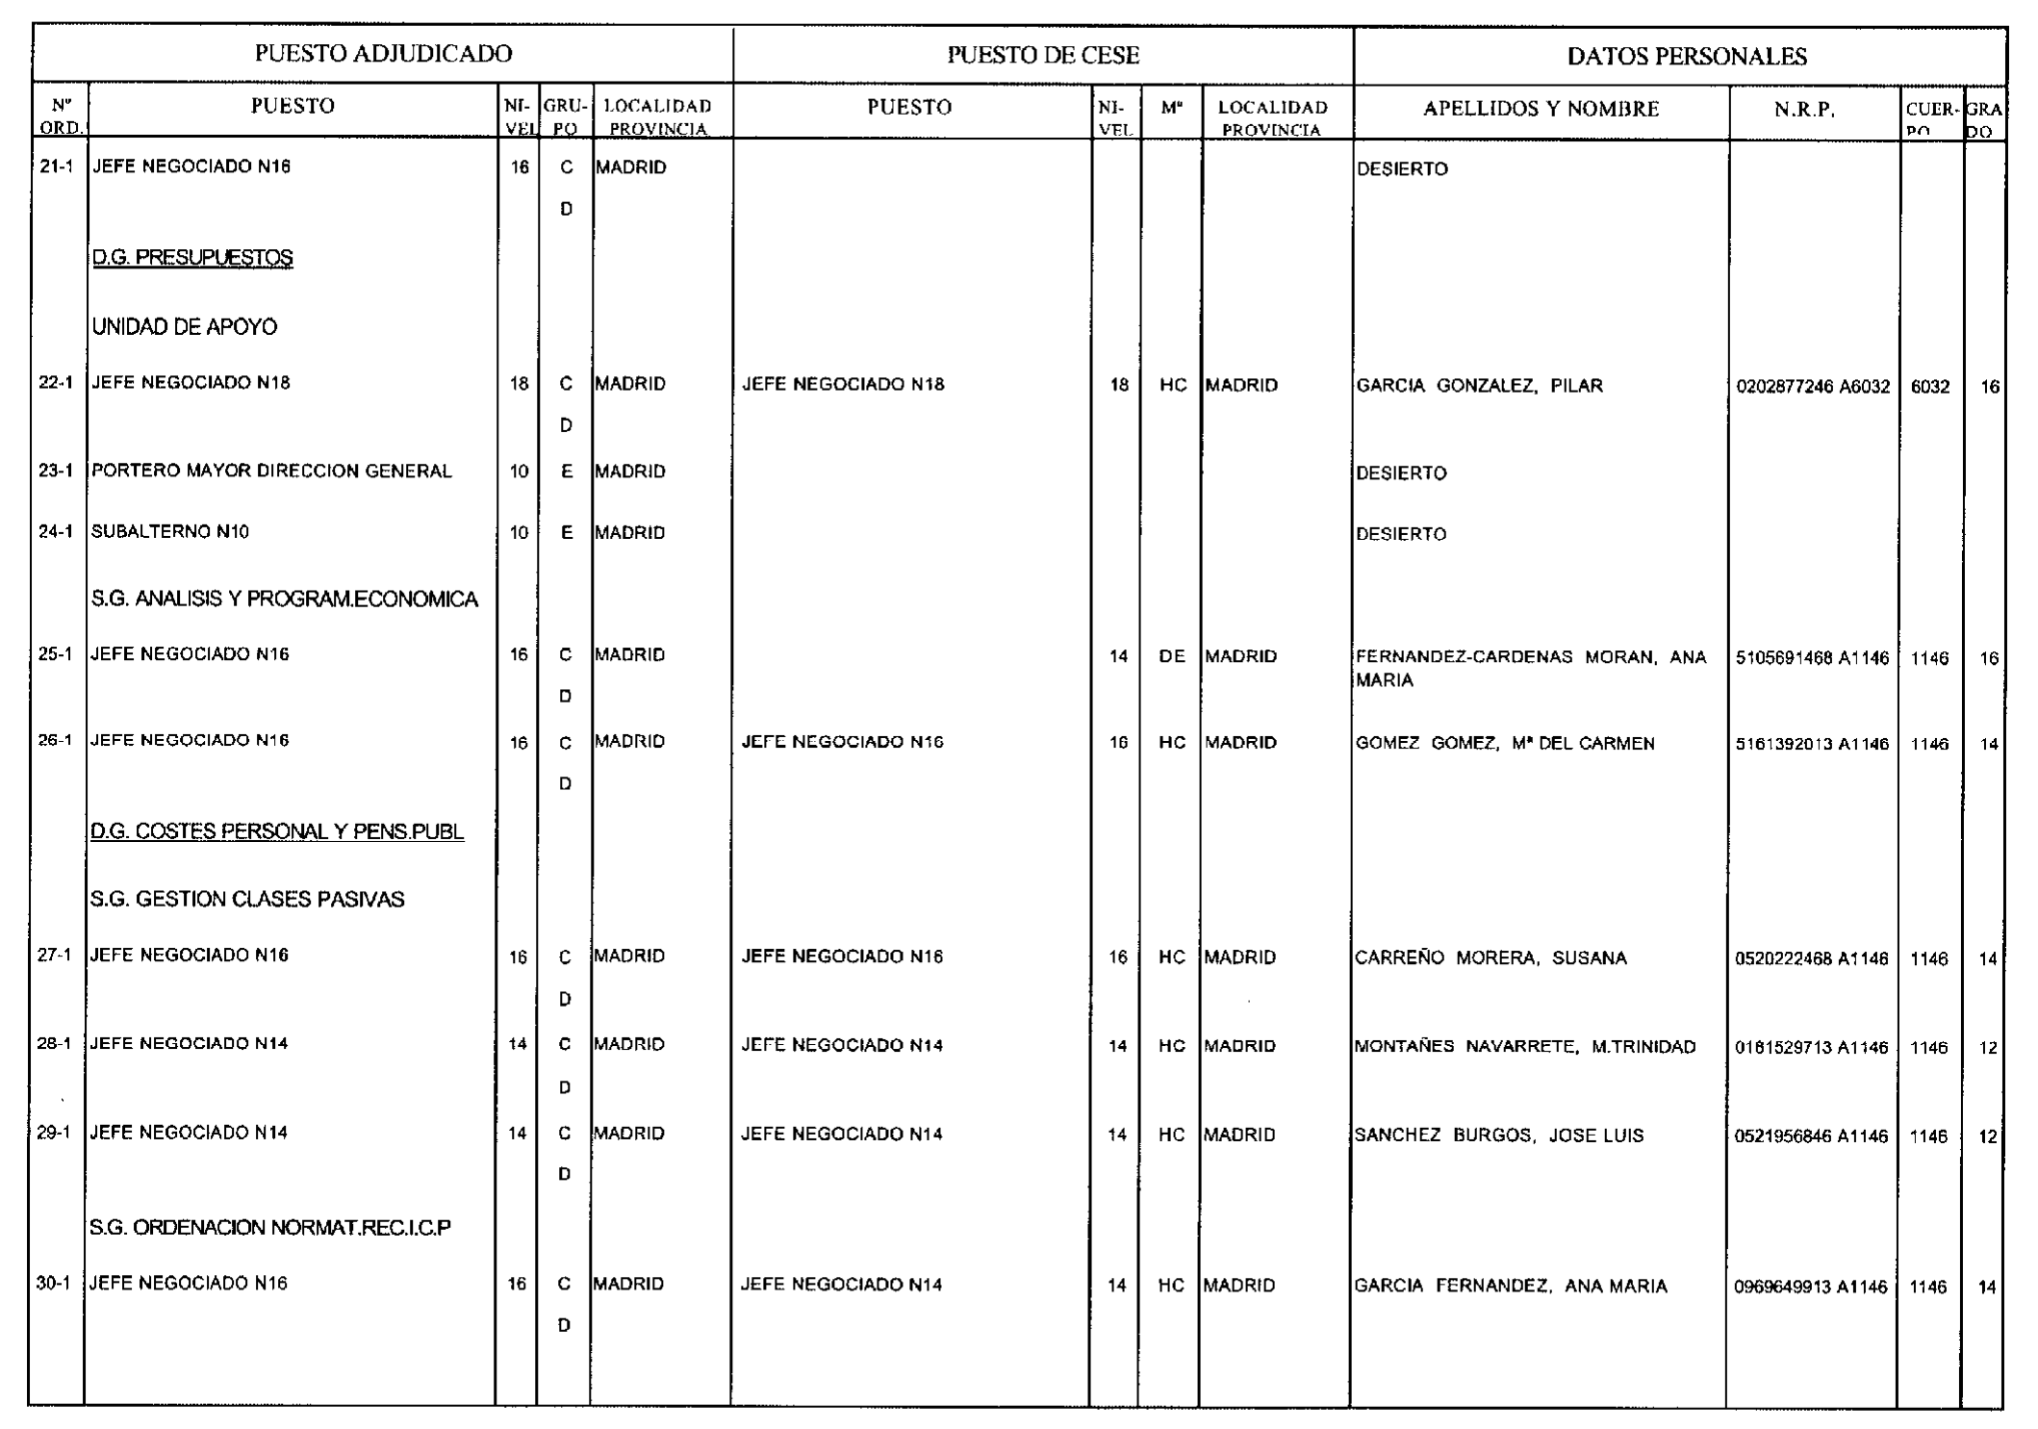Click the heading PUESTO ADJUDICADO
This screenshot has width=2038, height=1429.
point(383,54)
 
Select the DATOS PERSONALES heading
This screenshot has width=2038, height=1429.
point(1686,57)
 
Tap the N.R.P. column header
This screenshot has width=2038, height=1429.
point(1804,110)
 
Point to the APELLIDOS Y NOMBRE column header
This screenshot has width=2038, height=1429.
point(1541,109)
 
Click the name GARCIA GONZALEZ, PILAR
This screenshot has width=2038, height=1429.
point(1479,386)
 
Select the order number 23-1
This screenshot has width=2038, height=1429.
point(56,472)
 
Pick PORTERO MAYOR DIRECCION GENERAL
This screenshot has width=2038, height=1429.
point(271,472)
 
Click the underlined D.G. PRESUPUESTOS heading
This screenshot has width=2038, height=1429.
point(192,258)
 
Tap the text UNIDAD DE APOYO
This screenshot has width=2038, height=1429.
point(185,327)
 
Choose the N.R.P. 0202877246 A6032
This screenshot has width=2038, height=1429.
point(1813,387)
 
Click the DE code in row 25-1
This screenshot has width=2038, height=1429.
point(1172,656)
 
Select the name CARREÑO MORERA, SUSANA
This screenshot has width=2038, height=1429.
point(1490,958)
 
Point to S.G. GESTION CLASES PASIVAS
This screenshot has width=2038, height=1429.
point(247,900)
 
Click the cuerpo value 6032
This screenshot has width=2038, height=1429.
point(1930,387)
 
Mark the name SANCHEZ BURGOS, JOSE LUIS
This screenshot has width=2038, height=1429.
point(1499,1136)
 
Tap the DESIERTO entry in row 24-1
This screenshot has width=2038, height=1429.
point(1401,534)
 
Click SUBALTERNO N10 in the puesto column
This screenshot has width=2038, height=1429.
point(170,532)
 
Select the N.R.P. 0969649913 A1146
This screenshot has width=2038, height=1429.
point(1810,1288)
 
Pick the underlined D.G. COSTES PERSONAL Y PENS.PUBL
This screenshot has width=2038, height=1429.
point(277,831)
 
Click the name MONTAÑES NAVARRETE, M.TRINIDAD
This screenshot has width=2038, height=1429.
point(1525,1047)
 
